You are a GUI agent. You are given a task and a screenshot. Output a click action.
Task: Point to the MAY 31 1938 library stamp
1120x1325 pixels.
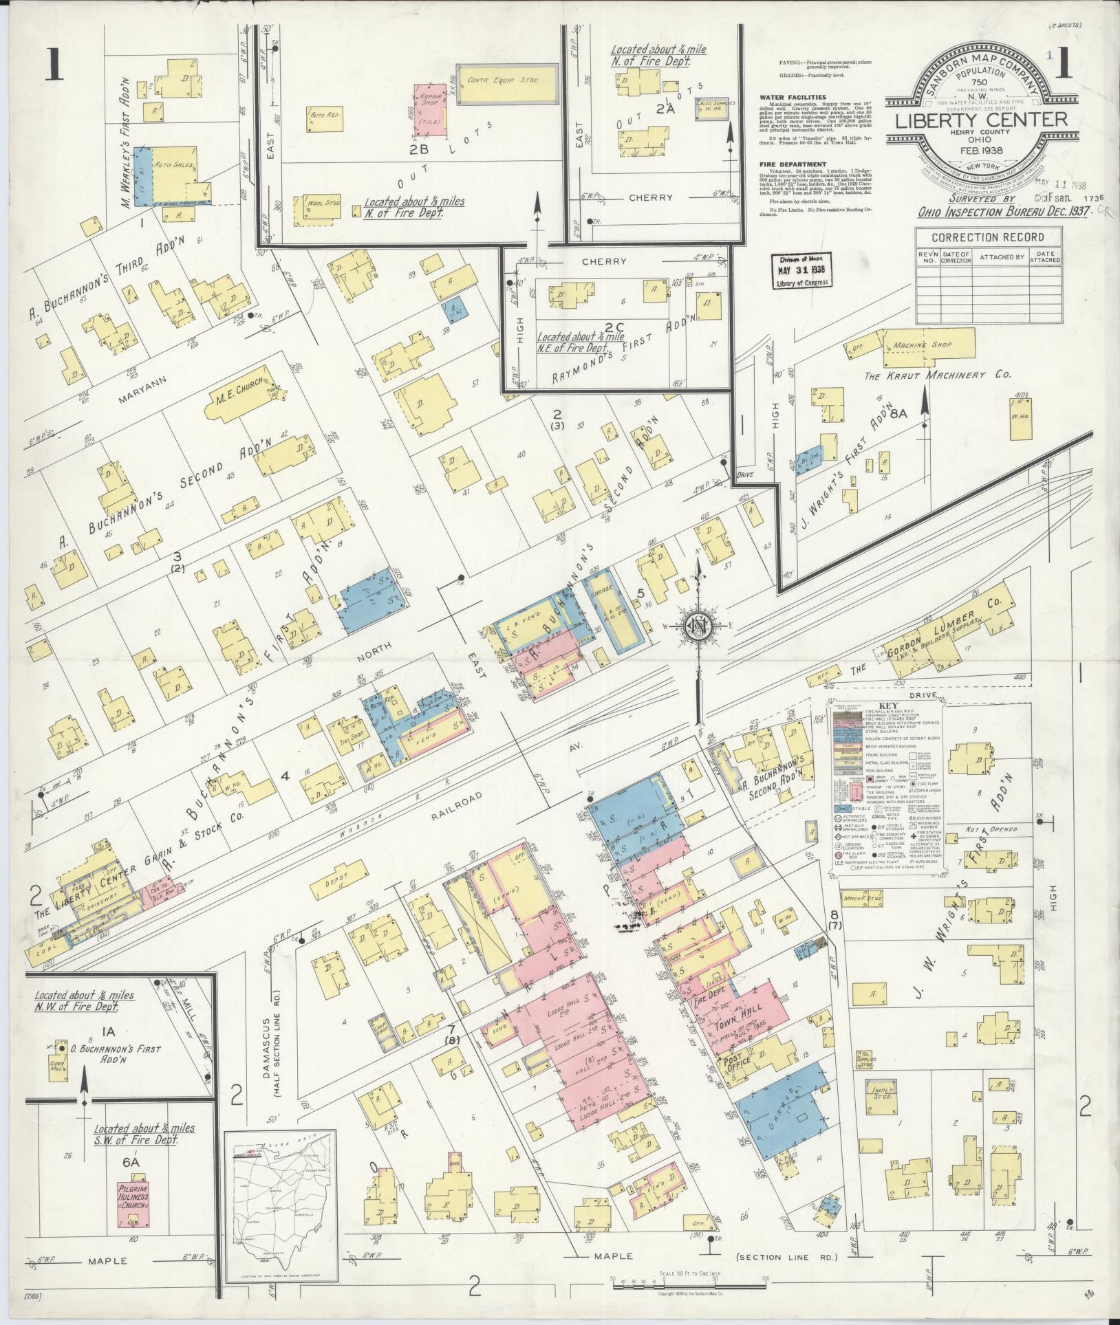pyautogui.click(x=801, y=270)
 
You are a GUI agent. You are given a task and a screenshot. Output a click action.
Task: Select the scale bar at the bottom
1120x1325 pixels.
pyautogui.click(x=689, y=1280)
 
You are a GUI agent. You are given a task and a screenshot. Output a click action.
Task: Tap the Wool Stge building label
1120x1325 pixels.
pyautogui.click(x=316, y=204)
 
